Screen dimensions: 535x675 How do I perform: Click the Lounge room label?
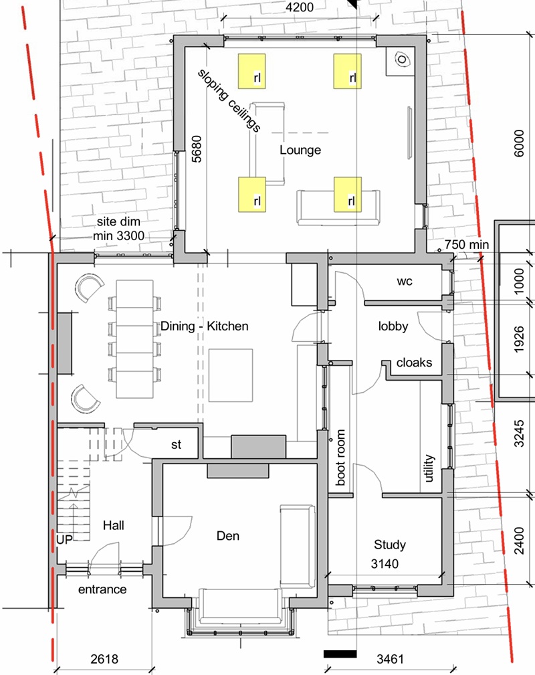[300, 150]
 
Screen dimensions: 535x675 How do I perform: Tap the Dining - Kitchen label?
[205, 326]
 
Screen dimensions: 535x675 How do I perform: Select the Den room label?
[227, 536]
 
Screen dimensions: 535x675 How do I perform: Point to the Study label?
[390, 545]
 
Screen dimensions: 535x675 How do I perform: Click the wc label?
[405, 282]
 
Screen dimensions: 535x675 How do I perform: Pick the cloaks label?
[414, 363]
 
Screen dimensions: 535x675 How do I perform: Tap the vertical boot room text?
[340, 457]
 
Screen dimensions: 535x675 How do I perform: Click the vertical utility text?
[429, 468]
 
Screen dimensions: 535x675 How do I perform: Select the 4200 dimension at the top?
[300, 7]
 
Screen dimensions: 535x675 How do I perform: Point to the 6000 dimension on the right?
[519, 143]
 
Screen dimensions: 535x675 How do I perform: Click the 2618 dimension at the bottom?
[104, 659]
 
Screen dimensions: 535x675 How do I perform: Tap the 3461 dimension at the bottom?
[391, 659]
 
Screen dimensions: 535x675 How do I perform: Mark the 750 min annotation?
[467, 245]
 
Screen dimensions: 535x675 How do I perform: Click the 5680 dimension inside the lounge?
[196, 149]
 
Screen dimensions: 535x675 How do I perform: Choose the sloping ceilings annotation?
[229, 101]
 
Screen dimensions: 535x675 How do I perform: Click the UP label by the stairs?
[65, 539]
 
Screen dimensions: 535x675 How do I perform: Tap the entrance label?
[102, 589]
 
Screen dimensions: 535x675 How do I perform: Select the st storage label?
[177, 445]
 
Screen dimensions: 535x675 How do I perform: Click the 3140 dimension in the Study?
[385, 563]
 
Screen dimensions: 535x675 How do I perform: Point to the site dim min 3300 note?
[119, 229]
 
